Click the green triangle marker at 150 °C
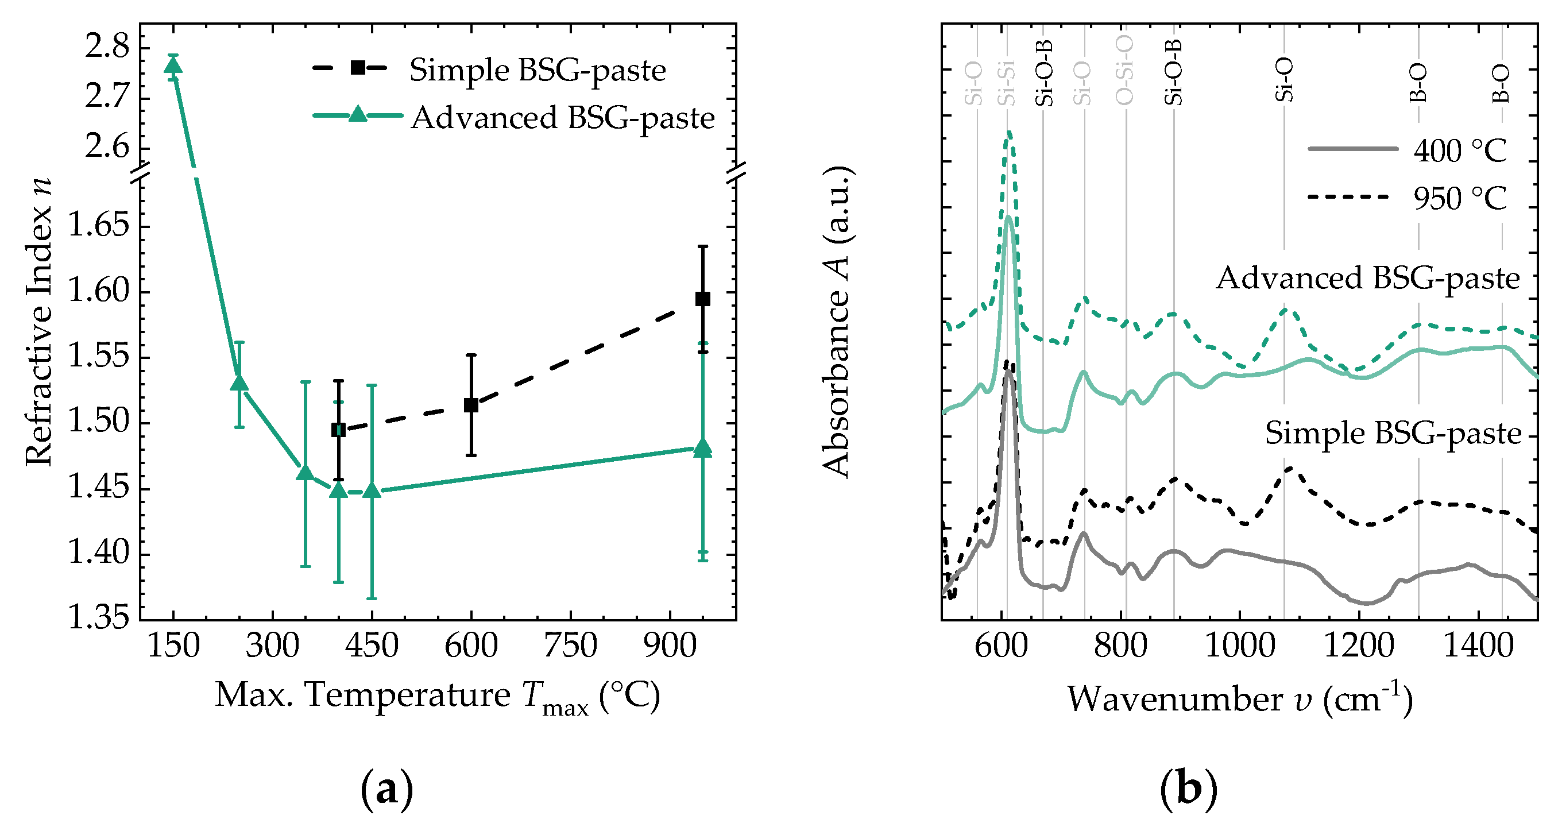coord(173,65)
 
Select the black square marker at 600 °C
coord(471,405)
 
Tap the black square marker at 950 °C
coord(703,299)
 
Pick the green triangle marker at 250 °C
coord(239,384)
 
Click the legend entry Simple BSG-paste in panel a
coord(538,70)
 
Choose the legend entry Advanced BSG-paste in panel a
coord(562,118)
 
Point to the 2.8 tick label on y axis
coord(107,47)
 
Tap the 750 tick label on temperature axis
coord(570,646)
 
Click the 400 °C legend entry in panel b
coord(1459,150)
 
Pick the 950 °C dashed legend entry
coord(1459,198)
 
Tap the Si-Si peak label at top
coord(1007,83)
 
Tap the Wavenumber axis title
coord(1239,699)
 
